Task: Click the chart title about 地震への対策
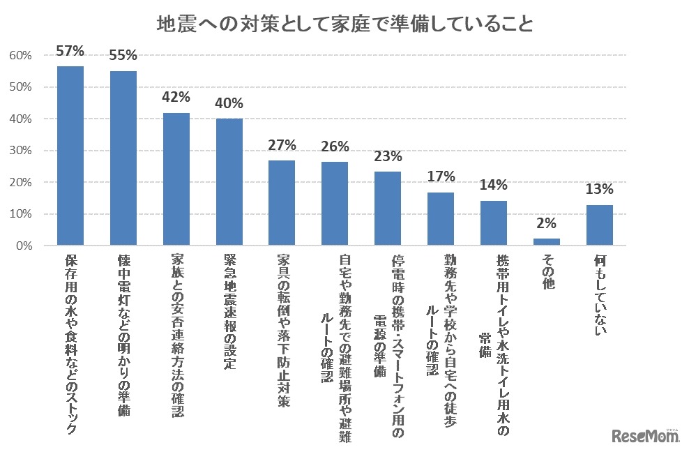click(x=344, y=25)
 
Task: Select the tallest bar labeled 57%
click(x=70, y=156)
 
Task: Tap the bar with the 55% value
click(x=123, y=158)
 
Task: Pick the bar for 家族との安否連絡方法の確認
click(x=176, y=179)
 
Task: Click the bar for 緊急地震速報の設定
click(x=229, y=182)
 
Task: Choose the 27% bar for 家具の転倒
click(x=282, y=203)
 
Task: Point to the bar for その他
click(x=547, y=242)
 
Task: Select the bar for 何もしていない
click(x=600, y=225)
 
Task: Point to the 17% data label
click(x=441, y=177)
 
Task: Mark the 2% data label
click(x=547, y=223)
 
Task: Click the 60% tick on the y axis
click(x=20, y=55)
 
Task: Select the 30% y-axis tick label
click(x=20, y=151)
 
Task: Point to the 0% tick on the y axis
click(x=22, y=246)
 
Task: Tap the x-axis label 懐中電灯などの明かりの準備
click(x=123, y=336)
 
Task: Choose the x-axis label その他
click(x=547, y=272)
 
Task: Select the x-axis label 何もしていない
click(x=600, y=293)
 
